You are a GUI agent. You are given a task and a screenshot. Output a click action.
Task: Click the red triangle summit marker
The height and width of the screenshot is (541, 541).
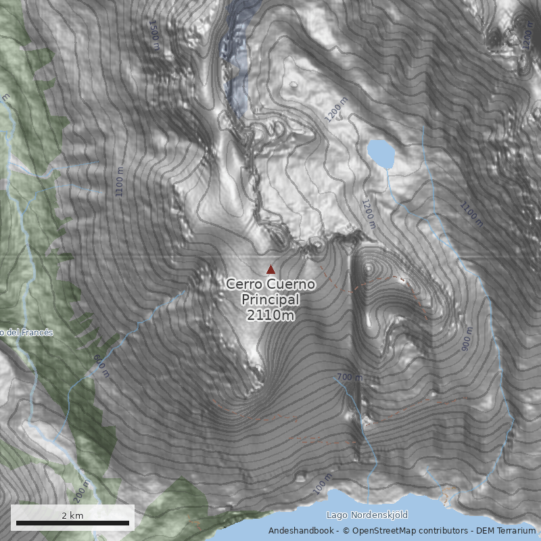tap(270, 269)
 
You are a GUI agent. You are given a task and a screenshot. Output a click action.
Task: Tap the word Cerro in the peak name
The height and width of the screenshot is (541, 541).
tap(242, 285)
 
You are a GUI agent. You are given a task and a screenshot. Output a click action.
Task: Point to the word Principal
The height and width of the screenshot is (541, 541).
tap(270, 300)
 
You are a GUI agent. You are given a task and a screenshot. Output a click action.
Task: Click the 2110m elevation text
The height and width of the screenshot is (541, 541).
tap(270, 314)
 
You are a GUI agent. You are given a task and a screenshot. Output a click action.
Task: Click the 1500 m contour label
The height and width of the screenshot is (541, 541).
tap(154, 34)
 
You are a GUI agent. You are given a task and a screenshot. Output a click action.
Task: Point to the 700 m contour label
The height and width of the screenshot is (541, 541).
tap(349, 377)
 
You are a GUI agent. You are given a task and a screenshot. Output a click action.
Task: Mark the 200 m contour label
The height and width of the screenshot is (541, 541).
tap(83, 492)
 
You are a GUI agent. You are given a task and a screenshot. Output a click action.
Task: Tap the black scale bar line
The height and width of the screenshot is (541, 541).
tap(72, 523)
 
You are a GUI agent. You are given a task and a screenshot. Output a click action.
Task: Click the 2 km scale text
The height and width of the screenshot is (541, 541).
tap(72, 515)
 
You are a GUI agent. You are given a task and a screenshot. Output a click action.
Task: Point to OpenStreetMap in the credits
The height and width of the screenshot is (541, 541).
tap(382, 531)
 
